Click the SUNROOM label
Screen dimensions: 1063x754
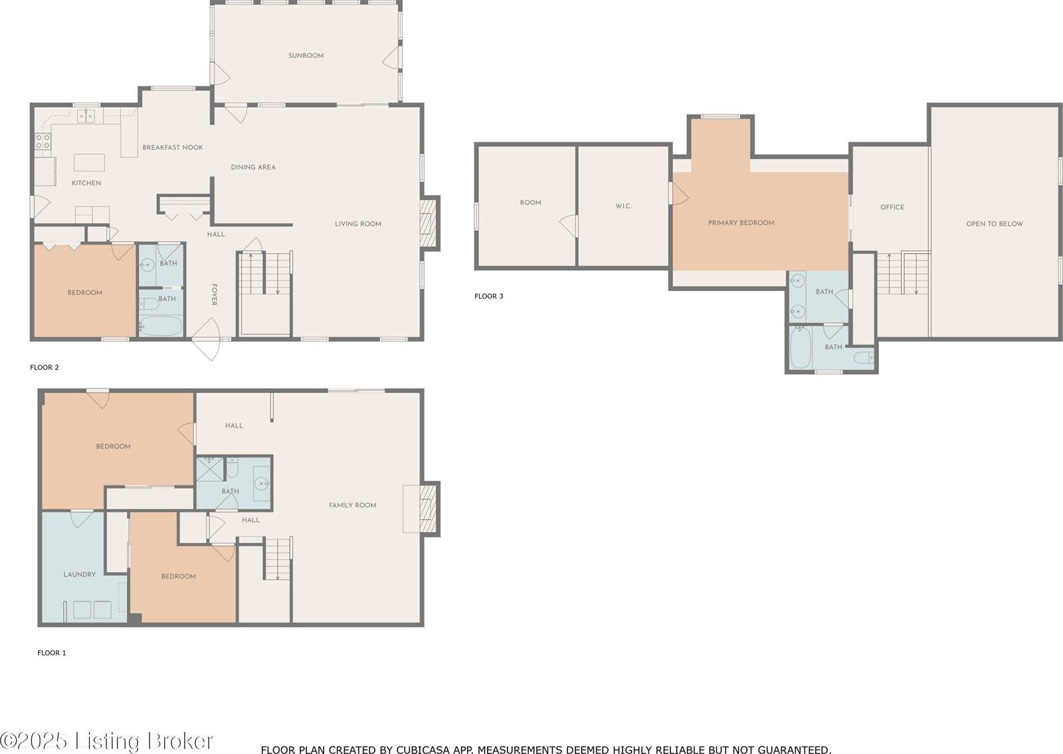306,56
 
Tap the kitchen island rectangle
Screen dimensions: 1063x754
89,162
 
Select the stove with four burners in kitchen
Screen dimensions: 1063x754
43,141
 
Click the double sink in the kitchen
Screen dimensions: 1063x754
86,116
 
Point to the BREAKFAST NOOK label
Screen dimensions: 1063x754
173,148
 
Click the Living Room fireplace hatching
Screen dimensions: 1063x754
428,223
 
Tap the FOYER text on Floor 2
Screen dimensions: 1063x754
214,295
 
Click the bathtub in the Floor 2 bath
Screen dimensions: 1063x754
161,326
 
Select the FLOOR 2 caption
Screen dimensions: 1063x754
44,367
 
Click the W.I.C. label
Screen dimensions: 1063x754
623,206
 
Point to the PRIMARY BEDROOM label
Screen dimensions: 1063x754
741,223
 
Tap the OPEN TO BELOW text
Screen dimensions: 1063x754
995,223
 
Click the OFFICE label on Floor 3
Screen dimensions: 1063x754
892,207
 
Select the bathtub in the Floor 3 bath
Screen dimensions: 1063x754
801,348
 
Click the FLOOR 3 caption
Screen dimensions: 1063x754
489,297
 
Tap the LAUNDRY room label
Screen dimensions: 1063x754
79,574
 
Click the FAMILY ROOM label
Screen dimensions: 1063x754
352,505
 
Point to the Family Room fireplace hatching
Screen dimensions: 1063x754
428,509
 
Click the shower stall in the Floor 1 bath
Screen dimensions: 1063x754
210,469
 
